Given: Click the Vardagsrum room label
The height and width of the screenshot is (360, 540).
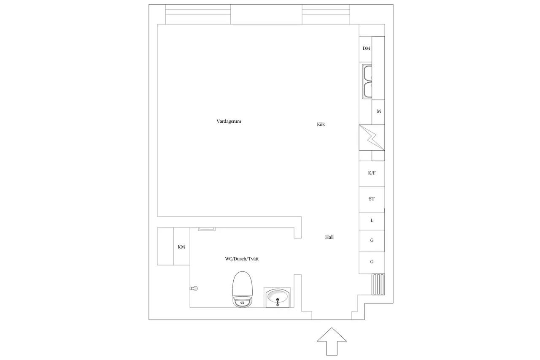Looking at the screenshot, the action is pos(229,121).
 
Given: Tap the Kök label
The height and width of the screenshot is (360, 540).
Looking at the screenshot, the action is pos(321,125).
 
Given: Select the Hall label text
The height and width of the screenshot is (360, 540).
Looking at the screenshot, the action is pos(329,237).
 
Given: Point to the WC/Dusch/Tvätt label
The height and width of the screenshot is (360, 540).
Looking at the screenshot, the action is pos(242,259).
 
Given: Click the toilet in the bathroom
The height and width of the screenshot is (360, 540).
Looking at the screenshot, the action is pos(242,289).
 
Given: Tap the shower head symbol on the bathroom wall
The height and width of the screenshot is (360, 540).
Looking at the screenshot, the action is pos(194,288).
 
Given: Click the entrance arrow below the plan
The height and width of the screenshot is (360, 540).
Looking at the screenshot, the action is pos(332,341).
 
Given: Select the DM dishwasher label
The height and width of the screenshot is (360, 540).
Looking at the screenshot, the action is pos(366,49).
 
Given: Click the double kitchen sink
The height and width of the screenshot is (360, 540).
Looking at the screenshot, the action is pos(367,81).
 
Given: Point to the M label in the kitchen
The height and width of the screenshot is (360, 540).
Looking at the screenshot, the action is pos(379,111).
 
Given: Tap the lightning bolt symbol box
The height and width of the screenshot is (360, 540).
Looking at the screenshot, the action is pos(372,138).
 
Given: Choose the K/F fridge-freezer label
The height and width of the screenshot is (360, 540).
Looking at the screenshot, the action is pos(372,173).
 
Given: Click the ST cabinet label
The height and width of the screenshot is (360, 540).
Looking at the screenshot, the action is pos(372,199).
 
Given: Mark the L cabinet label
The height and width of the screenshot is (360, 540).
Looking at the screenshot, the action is pos(372,220).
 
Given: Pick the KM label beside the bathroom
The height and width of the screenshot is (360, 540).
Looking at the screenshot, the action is pos(181,246).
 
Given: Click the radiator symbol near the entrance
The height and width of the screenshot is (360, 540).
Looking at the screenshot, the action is pos(378,284).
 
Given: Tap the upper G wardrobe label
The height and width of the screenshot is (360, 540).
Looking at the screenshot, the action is pos(372,240).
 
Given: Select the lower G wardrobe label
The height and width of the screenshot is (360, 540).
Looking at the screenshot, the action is pos(372,262).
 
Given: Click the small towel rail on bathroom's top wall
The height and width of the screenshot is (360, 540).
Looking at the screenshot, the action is pos(207,229).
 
